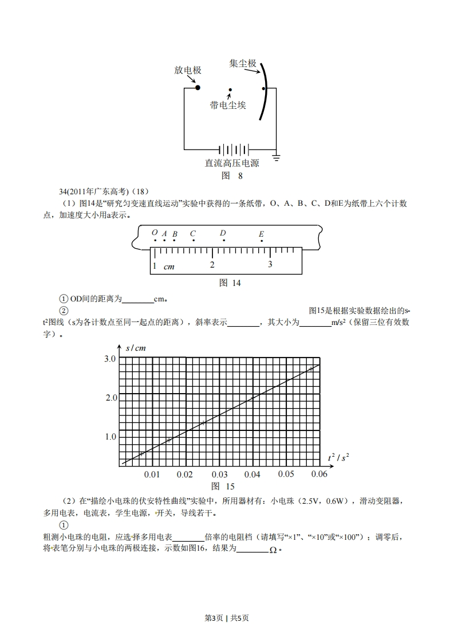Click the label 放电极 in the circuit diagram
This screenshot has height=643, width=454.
click(188, 70)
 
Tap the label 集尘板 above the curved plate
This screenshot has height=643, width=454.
click(243, 64)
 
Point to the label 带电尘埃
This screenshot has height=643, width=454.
click(228, 105)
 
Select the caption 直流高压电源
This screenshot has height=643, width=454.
click(232, 163)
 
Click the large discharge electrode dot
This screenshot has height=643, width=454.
click(198, 88)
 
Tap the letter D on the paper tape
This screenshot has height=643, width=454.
click(223, 233)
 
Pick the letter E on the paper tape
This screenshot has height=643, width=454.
click(261, 234)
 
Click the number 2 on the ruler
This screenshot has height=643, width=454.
click(212, 265)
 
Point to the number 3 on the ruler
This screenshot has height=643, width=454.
click(270, 265)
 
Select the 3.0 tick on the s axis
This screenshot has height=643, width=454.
click(110, 359)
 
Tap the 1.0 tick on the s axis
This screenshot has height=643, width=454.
click(110, 437)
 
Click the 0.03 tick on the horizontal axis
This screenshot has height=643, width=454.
click(219, 475)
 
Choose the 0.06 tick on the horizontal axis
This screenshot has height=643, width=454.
click(319, 474)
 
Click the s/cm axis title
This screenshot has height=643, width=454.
click(135, 348)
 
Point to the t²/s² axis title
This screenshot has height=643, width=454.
click(338, 457)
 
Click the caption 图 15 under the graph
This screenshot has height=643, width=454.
click(223, 487)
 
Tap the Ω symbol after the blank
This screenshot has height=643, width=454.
click(273, 550)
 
